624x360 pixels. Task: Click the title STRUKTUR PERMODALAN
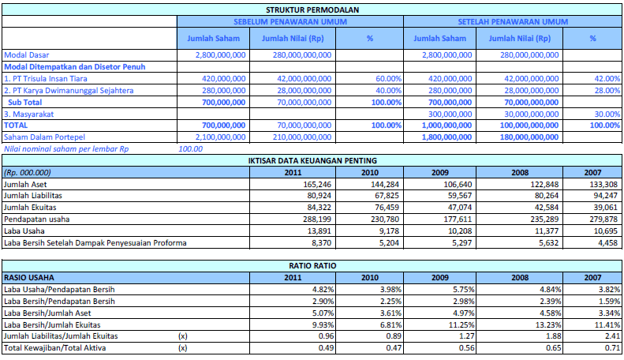coord(312,10)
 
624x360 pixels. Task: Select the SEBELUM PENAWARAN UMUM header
coord(290,22)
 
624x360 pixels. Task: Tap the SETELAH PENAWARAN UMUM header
coord(513,22)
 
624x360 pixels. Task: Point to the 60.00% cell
coord(388,79)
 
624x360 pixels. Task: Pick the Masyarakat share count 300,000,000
coord(450,114)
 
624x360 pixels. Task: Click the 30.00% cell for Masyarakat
coord(607,114)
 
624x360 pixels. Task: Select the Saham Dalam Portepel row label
coord(44,137)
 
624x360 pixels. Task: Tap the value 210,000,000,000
coord(302,137)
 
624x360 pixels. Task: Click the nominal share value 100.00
coord(191,149)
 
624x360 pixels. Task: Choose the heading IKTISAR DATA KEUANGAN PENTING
coord(312,161)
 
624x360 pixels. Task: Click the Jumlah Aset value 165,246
coord(317,185)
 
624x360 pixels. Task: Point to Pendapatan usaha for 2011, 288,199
coord(317,219)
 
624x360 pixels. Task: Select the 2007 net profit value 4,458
coord(607,243)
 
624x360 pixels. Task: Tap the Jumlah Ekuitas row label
coord(30,208)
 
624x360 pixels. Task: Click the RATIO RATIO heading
coord(312,266)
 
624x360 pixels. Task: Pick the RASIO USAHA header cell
coord(29,278)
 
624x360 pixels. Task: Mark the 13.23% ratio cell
coord(548,325)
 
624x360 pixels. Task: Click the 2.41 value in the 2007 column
coord(613,336)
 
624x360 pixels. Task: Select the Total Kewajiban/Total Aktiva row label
coord(55,348)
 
